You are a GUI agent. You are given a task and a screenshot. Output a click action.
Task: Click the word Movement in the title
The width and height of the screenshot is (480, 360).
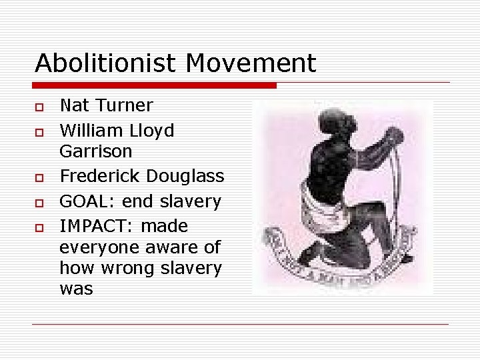(x=251, y=63)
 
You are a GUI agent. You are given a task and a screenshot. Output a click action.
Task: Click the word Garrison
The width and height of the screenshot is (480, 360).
(x=96, y=151)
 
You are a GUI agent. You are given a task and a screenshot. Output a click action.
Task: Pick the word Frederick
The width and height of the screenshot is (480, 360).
(x=100, y=176)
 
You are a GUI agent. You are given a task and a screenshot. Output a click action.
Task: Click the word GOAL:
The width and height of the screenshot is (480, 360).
(x=83, y=201)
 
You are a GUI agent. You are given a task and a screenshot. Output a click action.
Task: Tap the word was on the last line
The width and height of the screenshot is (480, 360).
(x=76, y=289)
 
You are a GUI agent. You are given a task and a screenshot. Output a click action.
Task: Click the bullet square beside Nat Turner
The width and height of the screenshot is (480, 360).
(x=40, y=107)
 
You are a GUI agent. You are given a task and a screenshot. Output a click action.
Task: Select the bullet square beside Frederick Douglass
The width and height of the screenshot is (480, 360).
(x=40, y=178)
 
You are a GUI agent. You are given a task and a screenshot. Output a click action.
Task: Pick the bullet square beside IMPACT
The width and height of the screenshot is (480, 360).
(x=40, y=227)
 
